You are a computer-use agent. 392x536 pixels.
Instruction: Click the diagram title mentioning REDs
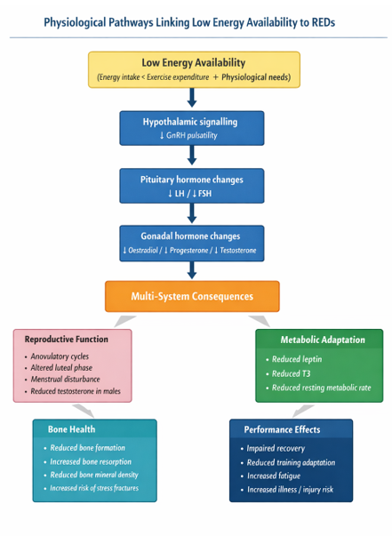pos(196,21)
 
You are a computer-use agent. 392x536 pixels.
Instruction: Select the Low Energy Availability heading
pos(193,63)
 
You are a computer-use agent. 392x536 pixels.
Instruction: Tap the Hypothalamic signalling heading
pos(190,121)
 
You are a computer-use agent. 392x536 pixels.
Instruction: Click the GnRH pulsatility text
pos(191,135)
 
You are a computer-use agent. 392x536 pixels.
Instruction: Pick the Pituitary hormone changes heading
pos(191,180)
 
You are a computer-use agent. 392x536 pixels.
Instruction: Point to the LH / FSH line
pos(191,193)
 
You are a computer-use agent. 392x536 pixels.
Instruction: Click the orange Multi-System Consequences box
pos(192,296)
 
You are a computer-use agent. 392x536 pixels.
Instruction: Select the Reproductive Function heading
pos(66,339)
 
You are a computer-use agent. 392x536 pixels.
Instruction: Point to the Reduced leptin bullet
pos(298,359)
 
